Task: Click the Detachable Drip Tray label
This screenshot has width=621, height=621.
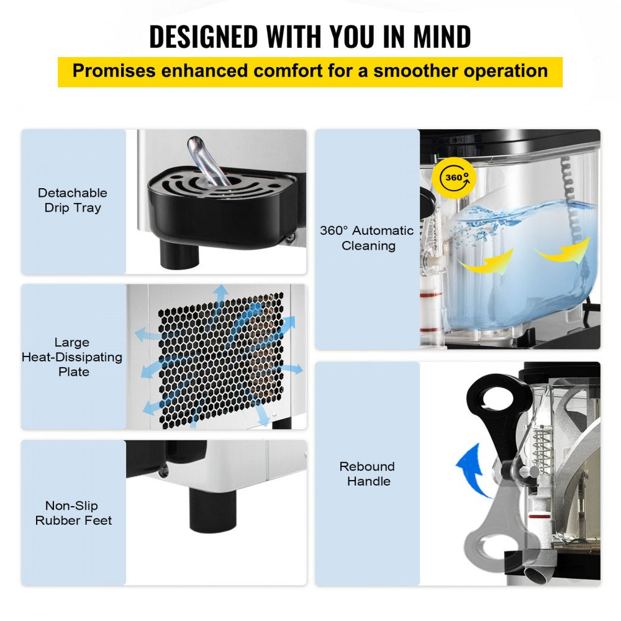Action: pos(73,201)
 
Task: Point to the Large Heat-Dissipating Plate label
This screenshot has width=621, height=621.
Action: pos(73,357)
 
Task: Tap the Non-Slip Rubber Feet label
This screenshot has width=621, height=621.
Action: pos(73,513)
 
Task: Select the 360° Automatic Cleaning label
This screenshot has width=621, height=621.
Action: pos(366,238)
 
